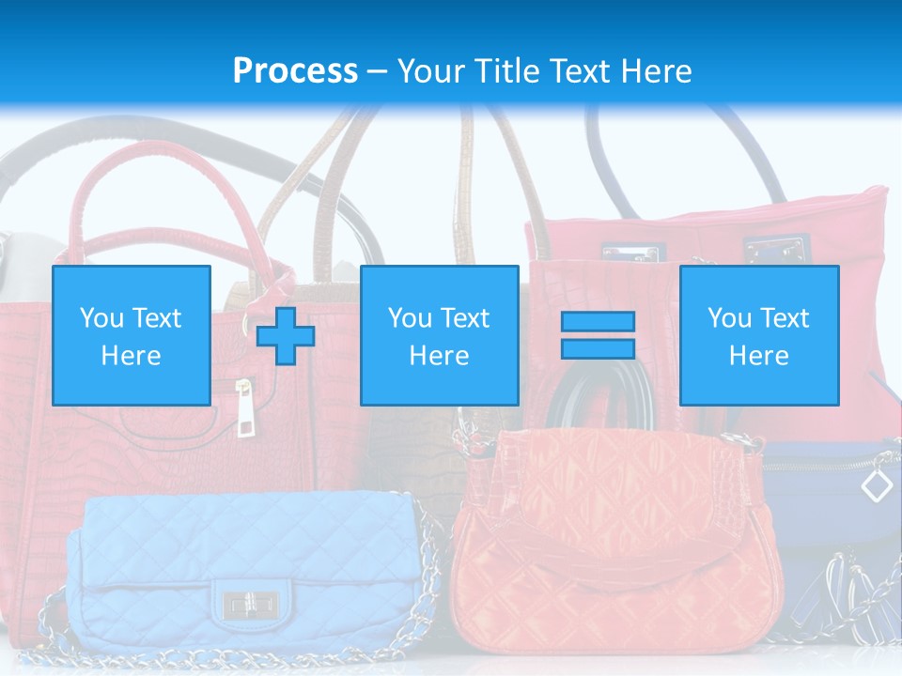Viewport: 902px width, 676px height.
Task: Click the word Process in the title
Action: pyautogui.click(x=295, y=70)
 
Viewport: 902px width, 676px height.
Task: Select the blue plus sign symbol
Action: pyautogui.click(x=286, y=335)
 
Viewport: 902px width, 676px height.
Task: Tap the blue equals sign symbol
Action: pyautogui.click(x=598, y=335)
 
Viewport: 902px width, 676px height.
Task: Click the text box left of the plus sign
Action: pyautogui.click(x=131, y=335)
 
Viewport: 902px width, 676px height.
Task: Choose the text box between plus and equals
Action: pyautogui.click(x=439, y=335)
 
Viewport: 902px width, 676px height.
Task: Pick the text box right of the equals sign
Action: pyautogui.click(x=758, y=335)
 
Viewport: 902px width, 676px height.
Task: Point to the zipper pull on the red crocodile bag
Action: pyautogui.click(x=243, y=411)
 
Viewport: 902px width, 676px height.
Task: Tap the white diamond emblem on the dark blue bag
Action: pyautogui.click(x=877, y=485)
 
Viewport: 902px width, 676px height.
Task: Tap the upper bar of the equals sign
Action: pyautogui.click(x=598, y=321)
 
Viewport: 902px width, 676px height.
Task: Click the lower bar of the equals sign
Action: pyautogui.click(x=598, y=348)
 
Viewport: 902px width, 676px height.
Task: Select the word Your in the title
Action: pyautogui.click(x=429, y=70)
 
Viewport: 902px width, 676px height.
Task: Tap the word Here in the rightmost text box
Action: pyautogui.click(x=758, y=356)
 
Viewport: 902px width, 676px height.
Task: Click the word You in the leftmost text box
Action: pyautogui.click(x=101, y=318)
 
